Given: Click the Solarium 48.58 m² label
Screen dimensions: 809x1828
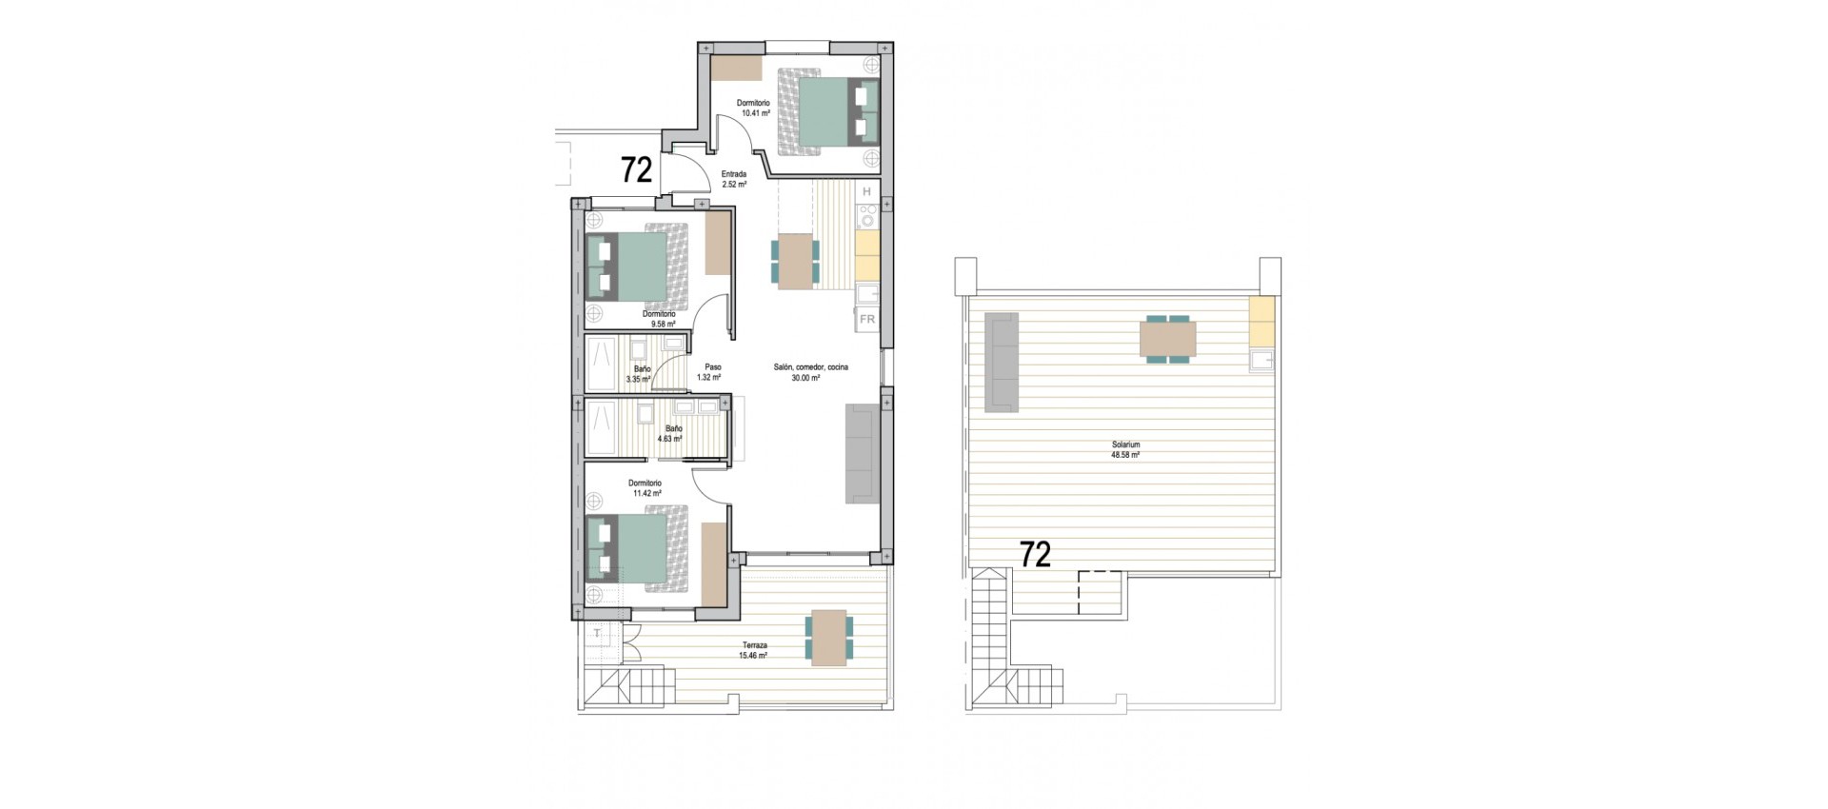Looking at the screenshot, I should pyautogui.click(x=1125, y=450).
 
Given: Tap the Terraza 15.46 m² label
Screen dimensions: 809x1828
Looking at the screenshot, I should pyautogui.click(x=754, y=650).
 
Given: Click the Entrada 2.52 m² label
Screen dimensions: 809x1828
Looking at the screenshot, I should pyautogui.click(x=733, y=179).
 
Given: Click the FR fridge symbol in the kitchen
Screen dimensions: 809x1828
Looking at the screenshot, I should pyautogui.click(x=867, y=320).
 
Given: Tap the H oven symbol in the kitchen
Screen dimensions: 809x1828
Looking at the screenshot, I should pyautogui.click(x=866, y=192).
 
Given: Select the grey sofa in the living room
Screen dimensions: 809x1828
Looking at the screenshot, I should pyautogui.click(x=862, y=454).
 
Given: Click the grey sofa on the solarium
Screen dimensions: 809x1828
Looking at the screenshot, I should pyautogui.click(x=1001, y=362).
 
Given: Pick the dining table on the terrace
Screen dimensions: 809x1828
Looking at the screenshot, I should pyautogui.click(x=829, y=638).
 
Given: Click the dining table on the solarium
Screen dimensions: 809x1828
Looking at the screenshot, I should pyautogui.click(x=1168, y=339).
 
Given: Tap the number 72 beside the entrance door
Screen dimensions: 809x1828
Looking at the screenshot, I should pyautogui.click(x=636, y=170).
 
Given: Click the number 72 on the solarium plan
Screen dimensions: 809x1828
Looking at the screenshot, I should pyautogui.click(x=1035, y=554).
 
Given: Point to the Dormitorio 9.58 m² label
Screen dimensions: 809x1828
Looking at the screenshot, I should pyautogui.click(x=658, y=319).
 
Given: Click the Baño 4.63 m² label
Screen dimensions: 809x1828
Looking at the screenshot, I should pyautogui.click(x=672, y=434).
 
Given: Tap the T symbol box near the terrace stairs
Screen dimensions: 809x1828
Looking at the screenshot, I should pyautogui.click(x=597, y=633).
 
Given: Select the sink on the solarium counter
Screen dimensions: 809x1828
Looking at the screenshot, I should pyautogui.click(x=1262, y=360).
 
